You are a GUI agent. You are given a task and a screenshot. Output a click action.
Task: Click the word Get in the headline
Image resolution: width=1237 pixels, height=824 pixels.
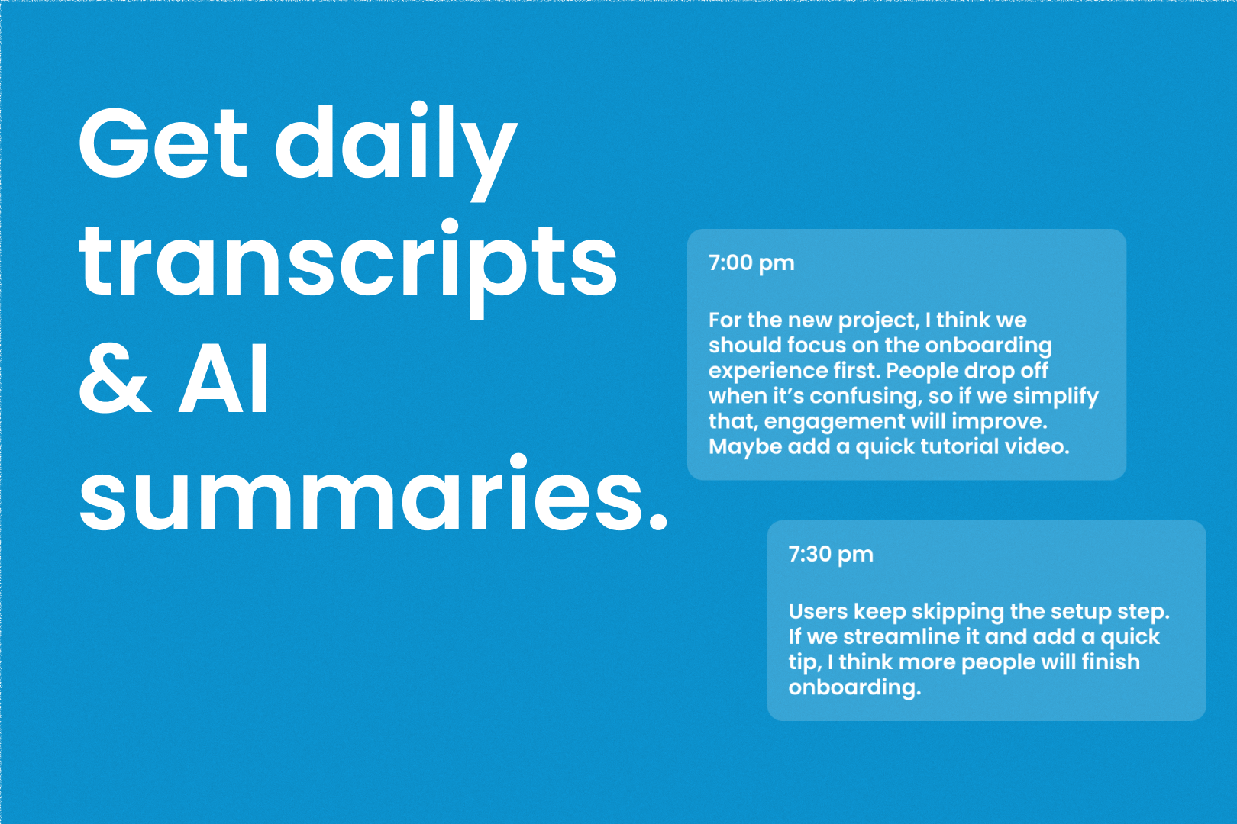pos(163,142)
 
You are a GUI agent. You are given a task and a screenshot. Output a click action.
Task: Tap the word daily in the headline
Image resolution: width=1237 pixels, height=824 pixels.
pos(396,151)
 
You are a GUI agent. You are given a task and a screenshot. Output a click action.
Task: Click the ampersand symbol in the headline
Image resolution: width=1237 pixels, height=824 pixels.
pos(115,378)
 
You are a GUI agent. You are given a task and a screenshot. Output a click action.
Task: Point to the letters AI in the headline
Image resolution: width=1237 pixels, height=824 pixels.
pos(223,378)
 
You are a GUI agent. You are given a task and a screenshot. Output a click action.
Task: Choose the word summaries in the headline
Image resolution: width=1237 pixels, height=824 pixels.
pos(373,493)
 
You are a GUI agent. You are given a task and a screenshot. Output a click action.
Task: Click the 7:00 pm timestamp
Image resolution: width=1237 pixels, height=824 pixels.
pos(751,263)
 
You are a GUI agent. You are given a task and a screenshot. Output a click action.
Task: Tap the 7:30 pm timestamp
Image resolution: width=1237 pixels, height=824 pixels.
pos(831,555)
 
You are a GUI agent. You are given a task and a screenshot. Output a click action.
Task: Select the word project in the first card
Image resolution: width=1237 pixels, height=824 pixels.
pos(879,321)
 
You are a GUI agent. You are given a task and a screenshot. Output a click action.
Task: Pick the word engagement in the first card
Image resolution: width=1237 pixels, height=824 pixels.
pos(835,423)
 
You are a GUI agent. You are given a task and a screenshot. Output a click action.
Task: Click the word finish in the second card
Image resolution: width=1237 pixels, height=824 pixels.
pos(1110,661)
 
